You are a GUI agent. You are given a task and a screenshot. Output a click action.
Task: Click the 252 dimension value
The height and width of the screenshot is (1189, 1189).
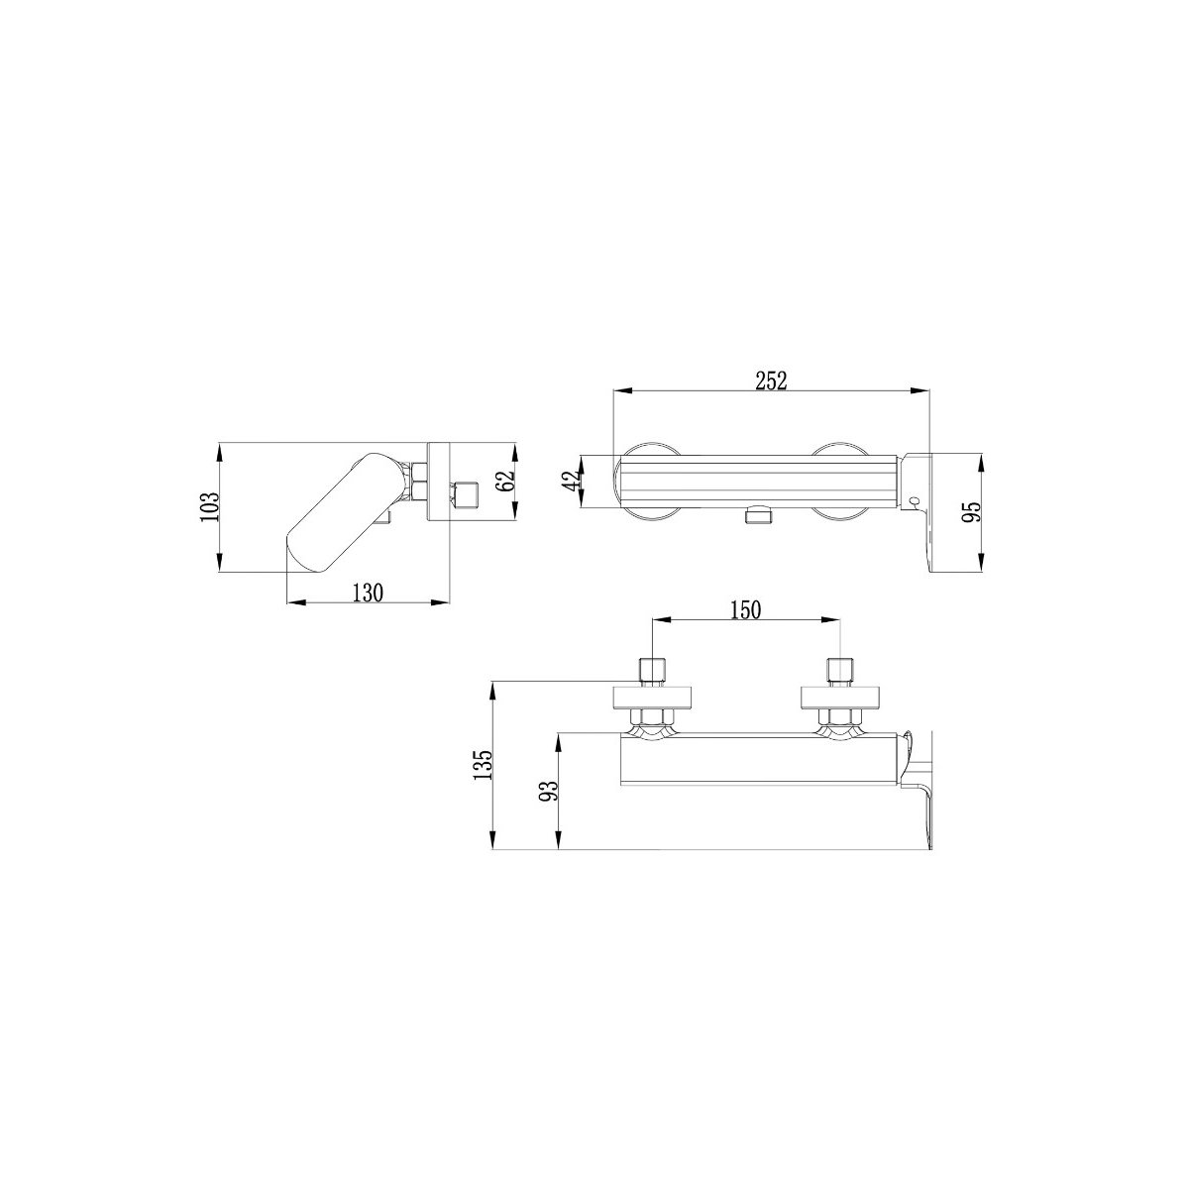coord(771,380)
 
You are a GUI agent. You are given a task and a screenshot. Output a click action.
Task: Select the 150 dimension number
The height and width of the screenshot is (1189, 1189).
coord(746,609)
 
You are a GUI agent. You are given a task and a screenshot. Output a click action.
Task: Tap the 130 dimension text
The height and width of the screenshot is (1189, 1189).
coord(368,593)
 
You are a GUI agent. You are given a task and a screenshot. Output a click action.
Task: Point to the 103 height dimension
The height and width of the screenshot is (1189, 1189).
coord(209,507)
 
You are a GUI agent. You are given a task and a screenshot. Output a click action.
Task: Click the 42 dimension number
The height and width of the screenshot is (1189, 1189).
coord(572,481)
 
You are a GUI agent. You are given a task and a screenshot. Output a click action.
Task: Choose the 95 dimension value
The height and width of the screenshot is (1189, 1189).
coord(972,511)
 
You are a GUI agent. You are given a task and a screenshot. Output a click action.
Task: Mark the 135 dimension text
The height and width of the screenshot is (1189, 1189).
coord(483,765)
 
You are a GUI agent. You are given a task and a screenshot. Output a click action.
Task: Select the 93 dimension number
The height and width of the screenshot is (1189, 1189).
coord(549,791)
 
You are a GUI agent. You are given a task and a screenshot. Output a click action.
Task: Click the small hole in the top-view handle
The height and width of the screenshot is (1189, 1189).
coord(915,501)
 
